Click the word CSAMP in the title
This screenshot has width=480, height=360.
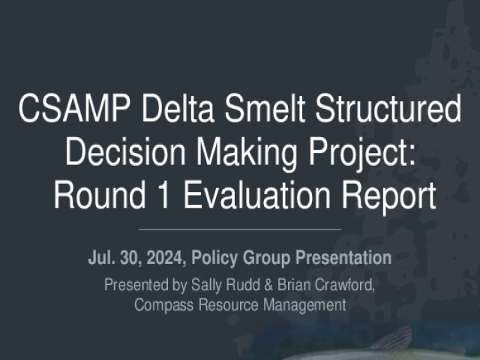[x=73, y=108]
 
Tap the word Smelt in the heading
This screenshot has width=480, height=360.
[x=265, y=108]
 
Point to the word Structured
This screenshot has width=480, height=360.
[x=388, y=108]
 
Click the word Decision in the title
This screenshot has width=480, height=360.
[x=125, y=151]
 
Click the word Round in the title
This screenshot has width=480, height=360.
[x=100, y=195]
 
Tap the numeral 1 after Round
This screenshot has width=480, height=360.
[x=163, y=195]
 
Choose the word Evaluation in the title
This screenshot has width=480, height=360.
[x=257, y=195]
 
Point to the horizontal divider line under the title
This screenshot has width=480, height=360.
[x=240, y=229]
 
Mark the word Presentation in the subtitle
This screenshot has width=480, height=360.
[x=343, y=258]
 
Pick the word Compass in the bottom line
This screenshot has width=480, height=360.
[x=163, y=306]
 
